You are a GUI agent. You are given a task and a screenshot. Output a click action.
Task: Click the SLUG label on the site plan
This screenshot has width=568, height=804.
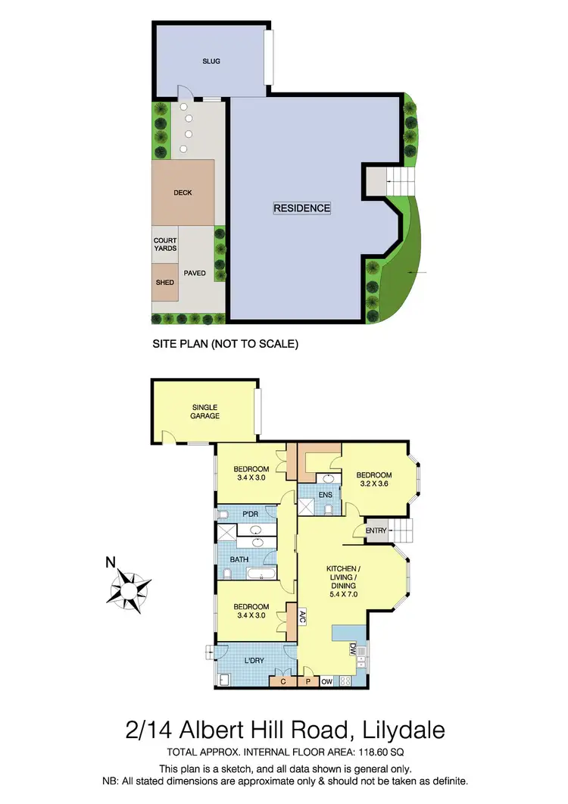(211, 61)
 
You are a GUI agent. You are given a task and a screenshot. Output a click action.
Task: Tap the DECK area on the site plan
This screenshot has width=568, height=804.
(183, 192)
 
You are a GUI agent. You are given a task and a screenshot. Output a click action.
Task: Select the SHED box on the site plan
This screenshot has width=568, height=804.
(165, 283)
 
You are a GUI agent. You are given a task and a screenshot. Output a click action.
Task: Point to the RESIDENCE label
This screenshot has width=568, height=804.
(302, 208)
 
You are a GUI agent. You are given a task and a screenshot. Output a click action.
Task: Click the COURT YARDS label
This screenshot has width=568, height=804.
(165, 245)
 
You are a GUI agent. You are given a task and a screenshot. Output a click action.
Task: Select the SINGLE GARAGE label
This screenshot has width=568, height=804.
(204, 411)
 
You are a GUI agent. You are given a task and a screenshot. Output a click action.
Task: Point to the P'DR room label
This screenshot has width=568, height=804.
(251, 515)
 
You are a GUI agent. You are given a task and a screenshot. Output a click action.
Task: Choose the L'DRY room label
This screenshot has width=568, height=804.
(254, 662)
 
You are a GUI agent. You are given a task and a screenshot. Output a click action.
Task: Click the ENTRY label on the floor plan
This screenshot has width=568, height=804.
(376, 530)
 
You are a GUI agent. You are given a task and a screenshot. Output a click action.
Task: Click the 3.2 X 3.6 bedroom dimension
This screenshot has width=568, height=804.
(374, 483)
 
